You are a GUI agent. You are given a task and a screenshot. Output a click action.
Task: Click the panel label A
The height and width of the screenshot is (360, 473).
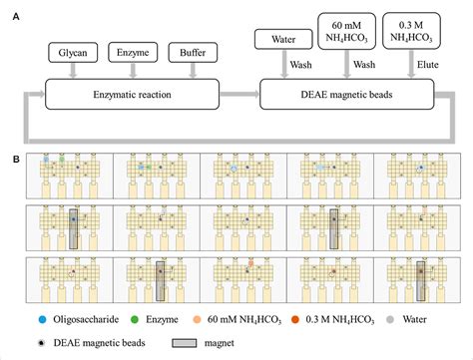point(13,13)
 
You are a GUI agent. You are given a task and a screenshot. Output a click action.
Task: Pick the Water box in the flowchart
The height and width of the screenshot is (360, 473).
point(280,40)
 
